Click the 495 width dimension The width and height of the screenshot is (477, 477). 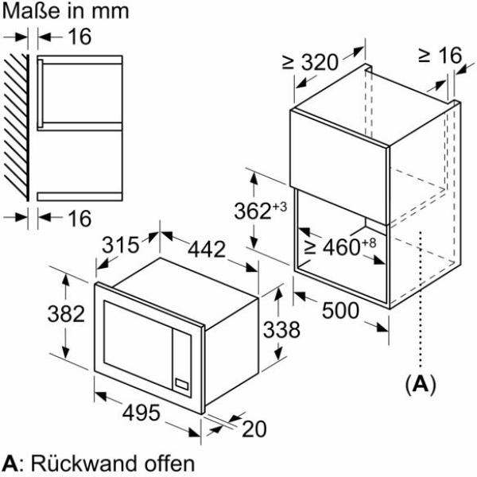pyautogui.click(x=142, y=413)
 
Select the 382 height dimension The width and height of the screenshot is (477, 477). pyautogui.click(x=66, y=314)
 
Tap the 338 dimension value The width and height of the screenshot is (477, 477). pyautogui.click(x=281, y=329)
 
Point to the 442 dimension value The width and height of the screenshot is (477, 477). pyautogui.click(x=207, y=250)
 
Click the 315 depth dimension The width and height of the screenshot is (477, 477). pyautogui.click(x=121, y=245)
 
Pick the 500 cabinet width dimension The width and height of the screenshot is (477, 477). pyautogui.click(x=340, y=311)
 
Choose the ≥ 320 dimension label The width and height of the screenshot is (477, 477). pyautogui.click(x=310, y=62)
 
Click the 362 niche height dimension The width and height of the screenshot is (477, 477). pyautogui.click(x=261, y=210)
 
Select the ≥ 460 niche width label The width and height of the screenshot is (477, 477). pyautogui.click(x=340, y=246)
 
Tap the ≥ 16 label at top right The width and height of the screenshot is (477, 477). pyautogui.click(x=440, y=56)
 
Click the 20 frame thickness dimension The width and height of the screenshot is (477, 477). pyautogui.click(x=254, y=429)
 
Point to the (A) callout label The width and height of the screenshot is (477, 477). pyautogui.click(x=421, y=385)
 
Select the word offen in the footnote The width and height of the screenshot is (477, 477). pyautogui.click(x=169, y=463)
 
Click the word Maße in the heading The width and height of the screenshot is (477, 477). pyautogui.click(x=31, y=11)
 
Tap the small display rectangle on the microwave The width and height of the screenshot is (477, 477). pyautogui.click(x=182, y=385)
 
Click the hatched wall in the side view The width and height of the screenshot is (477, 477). pyautogui.click(x=17, y=128)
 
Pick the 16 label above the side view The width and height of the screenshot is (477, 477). pyautogui.click(x=79, y=37)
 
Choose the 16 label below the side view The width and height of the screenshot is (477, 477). pyautogui.click(x=79, y=218)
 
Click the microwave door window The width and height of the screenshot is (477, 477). pyautogui.click(x=138, y=343)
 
